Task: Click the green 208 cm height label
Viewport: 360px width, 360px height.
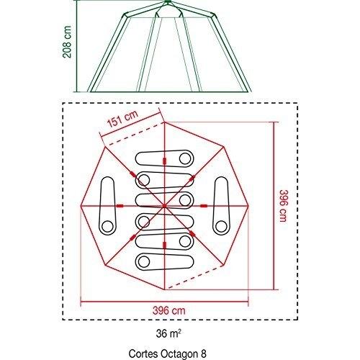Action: pos(67,42)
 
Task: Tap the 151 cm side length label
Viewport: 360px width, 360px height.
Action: pos(122,119)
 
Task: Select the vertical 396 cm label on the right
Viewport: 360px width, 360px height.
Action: pos(284,206)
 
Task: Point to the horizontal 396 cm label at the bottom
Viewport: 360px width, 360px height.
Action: pos(169,310)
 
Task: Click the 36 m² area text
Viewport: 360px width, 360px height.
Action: pos(168,333)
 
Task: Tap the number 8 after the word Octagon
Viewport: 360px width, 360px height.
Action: pos(204,354)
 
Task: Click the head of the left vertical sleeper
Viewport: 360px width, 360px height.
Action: pos(107,226)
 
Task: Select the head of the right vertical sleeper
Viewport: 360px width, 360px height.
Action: pos(221,226)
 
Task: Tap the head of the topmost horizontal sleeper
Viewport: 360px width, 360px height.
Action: pos(185,158)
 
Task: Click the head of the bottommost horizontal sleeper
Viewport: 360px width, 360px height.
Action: pos(144,261)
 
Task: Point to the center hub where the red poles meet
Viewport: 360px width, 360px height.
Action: pos(164,206)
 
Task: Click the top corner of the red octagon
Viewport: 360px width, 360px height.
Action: pos(165,122)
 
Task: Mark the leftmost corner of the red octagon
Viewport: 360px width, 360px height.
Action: pos(81,206)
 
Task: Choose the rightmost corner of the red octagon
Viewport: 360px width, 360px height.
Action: pos(248,206)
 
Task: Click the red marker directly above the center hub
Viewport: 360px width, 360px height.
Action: pos(164,161)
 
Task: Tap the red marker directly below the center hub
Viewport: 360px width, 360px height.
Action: pos(164,245)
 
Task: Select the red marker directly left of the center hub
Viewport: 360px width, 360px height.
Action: pos(120,206)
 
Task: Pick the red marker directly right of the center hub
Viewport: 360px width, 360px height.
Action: pos(204,206)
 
